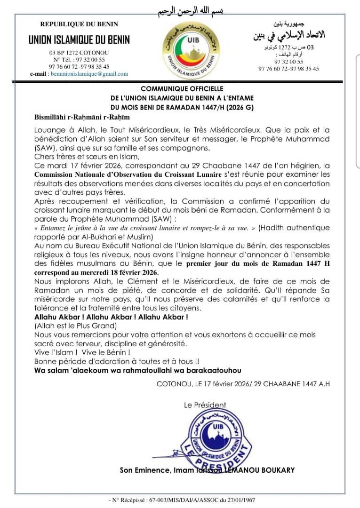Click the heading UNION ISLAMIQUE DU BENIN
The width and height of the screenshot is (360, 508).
click(x=79, y=40)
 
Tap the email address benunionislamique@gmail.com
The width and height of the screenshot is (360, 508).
click(x=89, y=74)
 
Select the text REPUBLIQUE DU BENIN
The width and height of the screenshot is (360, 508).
click(x=79, y=24)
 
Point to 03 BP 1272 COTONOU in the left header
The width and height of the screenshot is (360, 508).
click(x=79, y=53)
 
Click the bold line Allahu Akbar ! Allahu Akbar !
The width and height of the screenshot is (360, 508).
click(x=112, y=317)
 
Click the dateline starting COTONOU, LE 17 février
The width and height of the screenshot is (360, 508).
click(x=243, y=384)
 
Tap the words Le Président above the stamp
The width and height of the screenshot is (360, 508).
click(x=205, y=405)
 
